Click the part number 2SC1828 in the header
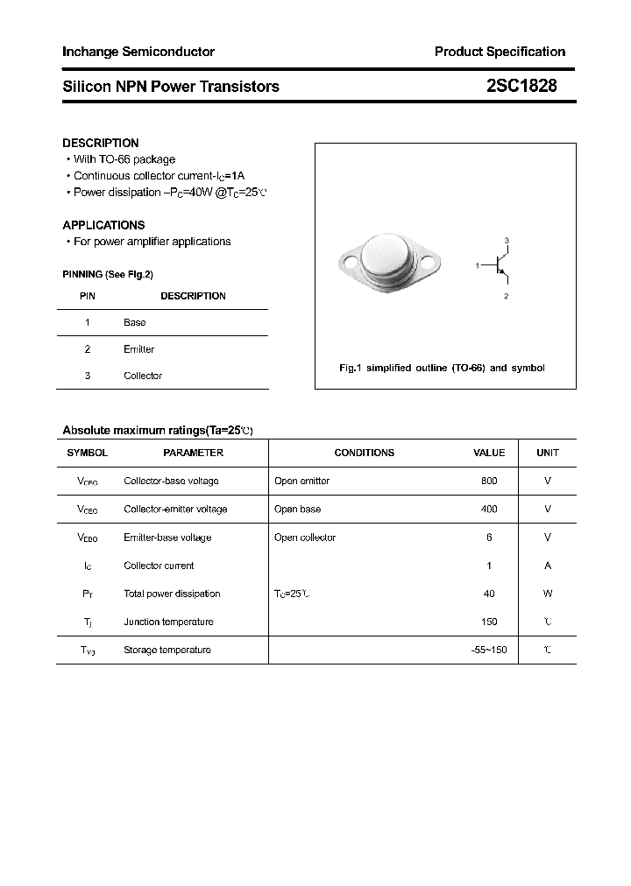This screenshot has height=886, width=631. click(x=521, y=86)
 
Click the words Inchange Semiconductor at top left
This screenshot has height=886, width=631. click(x=138, y=52)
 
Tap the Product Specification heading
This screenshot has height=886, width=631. click(x=500, y=52)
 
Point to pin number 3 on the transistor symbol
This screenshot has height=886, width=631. click(x=507, y=240)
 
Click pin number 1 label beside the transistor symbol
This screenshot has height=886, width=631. click(x=478, y=264)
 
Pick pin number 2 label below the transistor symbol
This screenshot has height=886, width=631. click(x=507, y=297)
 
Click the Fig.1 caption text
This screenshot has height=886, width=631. click(x=442, y=368)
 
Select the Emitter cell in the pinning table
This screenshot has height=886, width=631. click(x=138, y=349)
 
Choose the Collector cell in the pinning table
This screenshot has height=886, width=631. click(x=143, y=376)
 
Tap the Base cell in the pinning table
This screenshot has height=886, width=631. click(x=135, y=322)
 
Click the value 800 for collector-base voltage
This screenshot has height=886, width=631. click(x=489, y=481)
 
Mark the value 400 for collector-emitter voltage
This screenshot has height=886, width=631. click(x=489, y=509)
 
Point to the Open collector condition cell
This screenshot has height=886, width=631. click(x=305, y=538)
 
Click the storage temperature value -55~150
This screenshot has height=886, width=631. click(x=489, y=650)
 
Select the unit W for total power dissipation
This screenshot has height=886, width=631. click(x=548, y=594)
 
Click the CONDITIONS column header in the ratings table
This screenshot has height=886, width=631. click(x=365, y=453)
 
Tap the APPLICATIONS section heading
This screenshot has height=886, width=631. click(x=103, y=225)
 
